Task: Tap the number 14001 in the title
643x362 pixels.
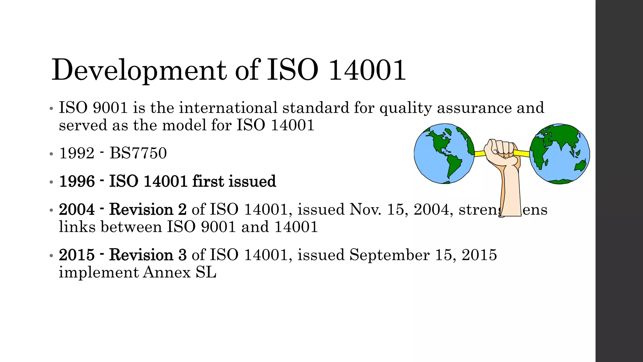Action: tap(367, 70)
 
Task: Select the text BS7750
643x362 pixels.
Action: tap(138, 153)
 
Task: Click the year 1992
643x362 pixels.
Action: tap(77, 153)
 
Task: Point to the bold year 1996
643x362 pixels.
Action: tap(77, 181)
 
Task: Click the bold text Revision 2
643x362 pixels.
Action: tap(148, 210)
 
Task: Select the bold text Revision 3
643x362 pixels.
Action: tap(148, 255)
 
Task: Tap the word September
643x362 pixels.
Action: tap(389, 255)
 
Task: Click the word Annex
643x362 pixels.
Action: tap(167, 272)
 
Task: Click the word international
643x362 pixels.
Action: tap(228, 108)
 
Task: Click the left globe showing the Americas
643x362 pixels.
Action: tap(444, 154)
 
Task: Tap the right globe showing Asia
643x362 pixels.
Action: tap(559, 154)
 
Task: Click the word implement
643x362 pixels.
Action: tap(99, 272)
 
